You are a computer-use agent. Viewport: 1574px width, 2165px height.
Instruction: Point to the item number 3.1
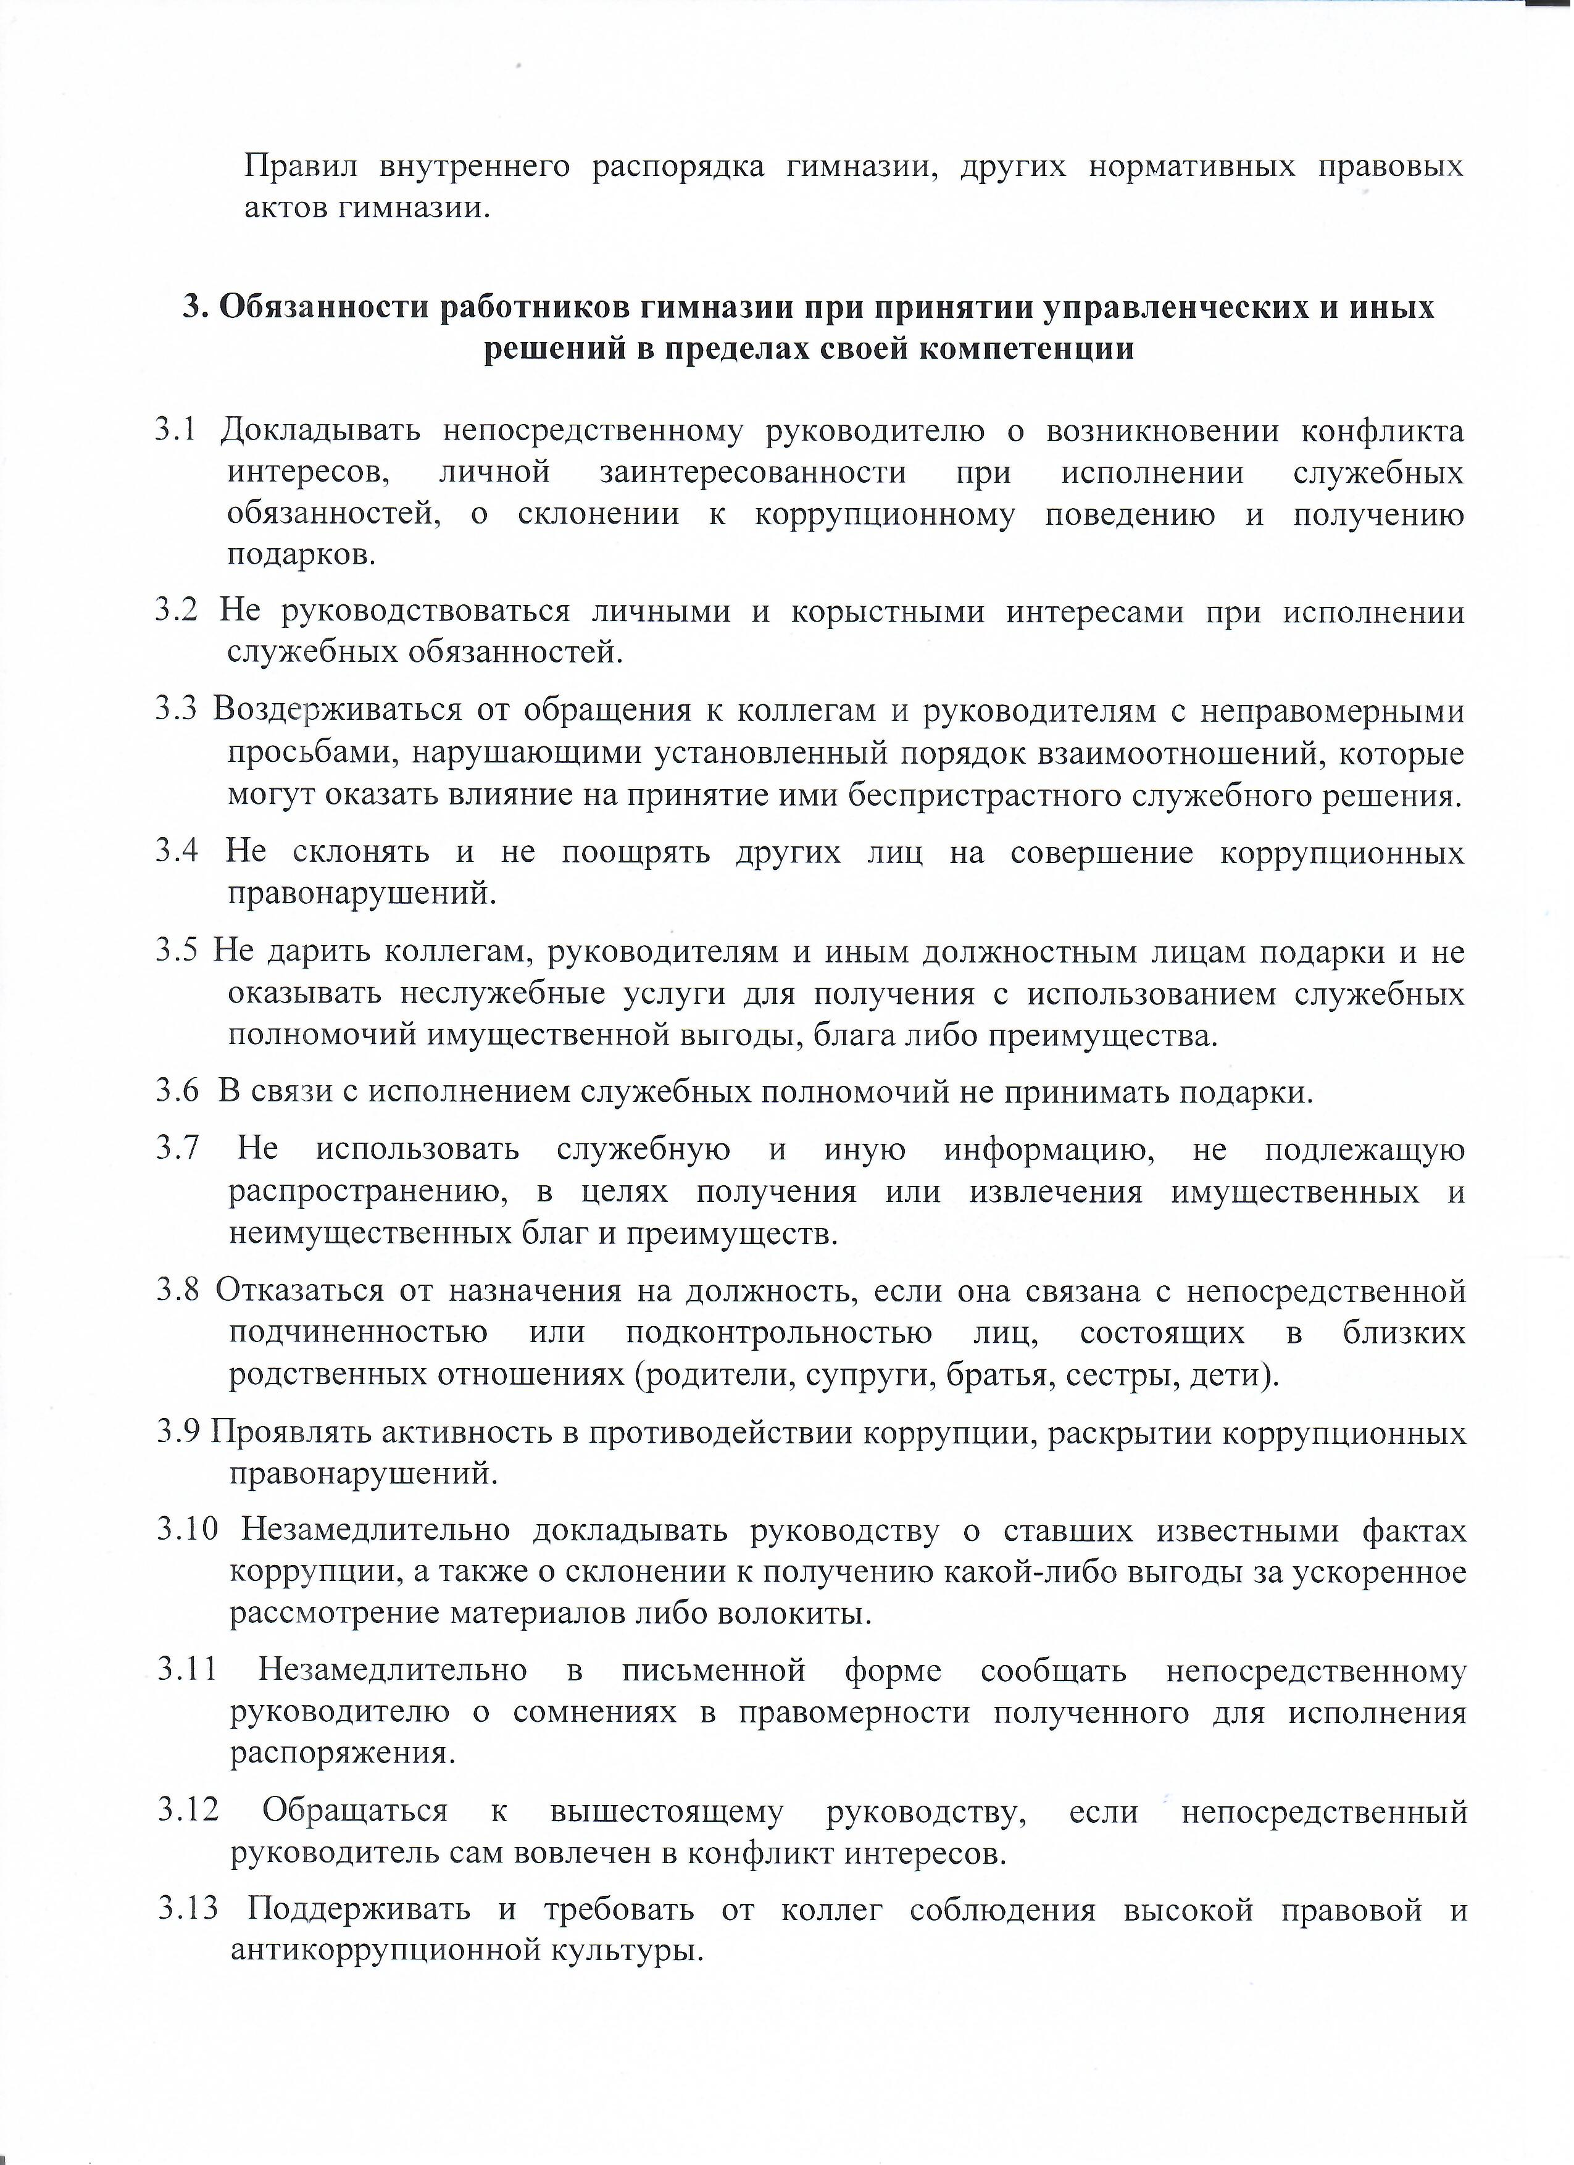pos(176,432)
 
